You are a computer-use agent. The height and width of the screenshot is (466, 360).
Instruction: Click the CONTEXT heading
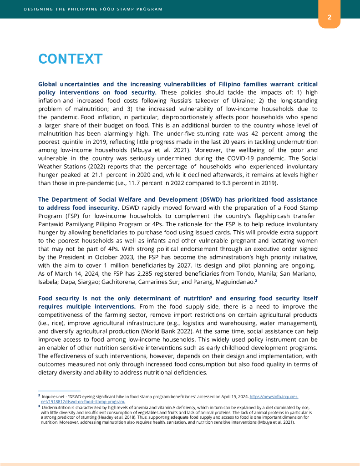pos(70,59)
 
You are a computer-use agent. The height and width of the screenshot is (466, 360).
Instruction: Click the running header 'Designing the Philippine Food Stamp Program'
pos(93,9)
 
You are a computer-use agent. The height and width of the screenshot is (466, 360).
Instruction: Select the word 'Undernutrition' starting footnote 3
pos(54,408)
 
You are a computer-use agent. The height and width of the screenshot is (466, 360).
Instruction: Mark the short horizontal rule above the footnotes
pos(59,391)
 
